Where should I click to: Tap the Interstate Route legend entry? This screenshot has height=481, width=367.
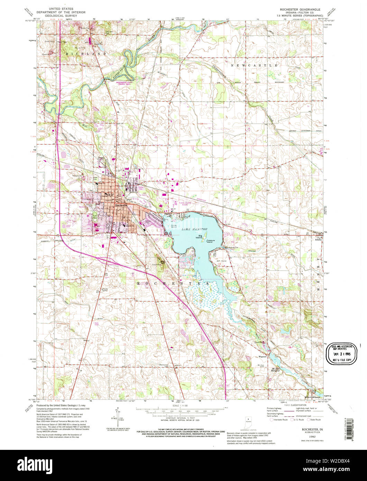point(280,419)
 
